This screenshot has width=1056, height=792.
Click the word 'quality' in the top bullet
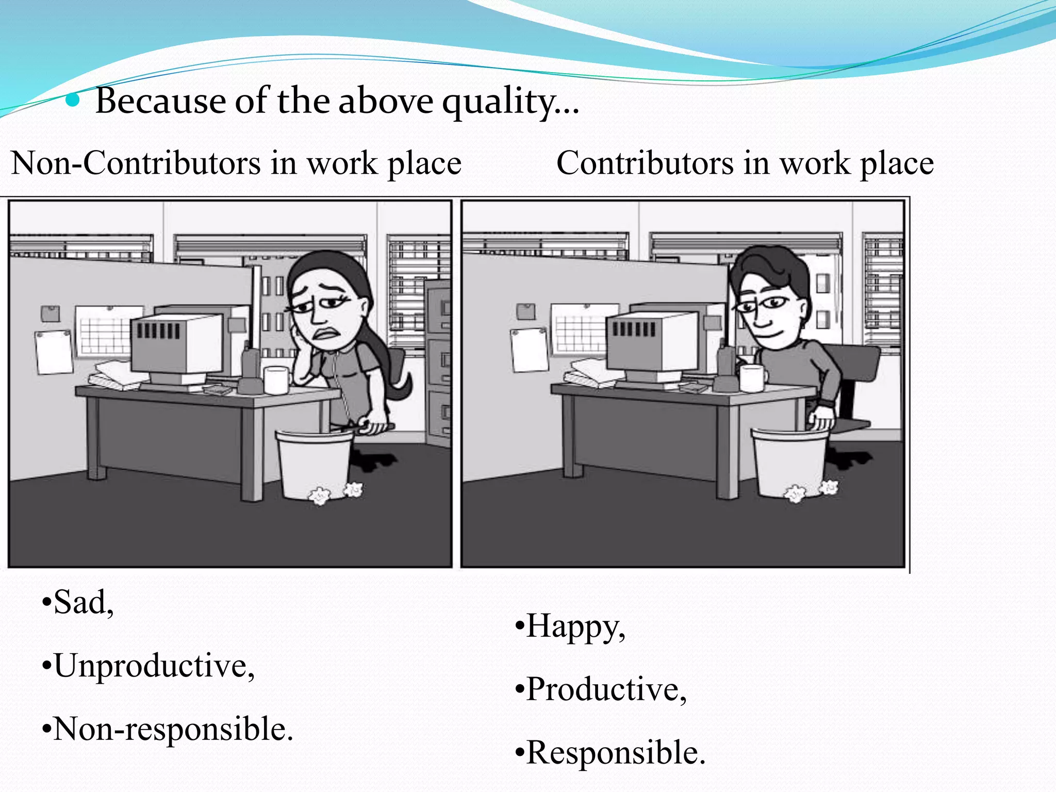click(497, 102)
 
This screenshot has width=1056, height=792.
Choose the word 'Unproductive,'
click(154, 666)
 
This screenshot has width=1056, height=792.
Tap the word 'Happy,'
click(575, 626)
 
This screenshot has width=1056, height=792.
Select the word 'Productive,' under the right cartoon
click(606, 689)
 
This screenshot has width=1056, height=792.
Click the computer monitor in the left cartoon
click(178, 343)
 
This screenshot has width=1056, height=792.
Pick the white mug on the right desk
click(752, 377)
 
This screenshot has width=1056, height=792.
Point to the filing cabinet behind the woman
click(438, 361)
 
